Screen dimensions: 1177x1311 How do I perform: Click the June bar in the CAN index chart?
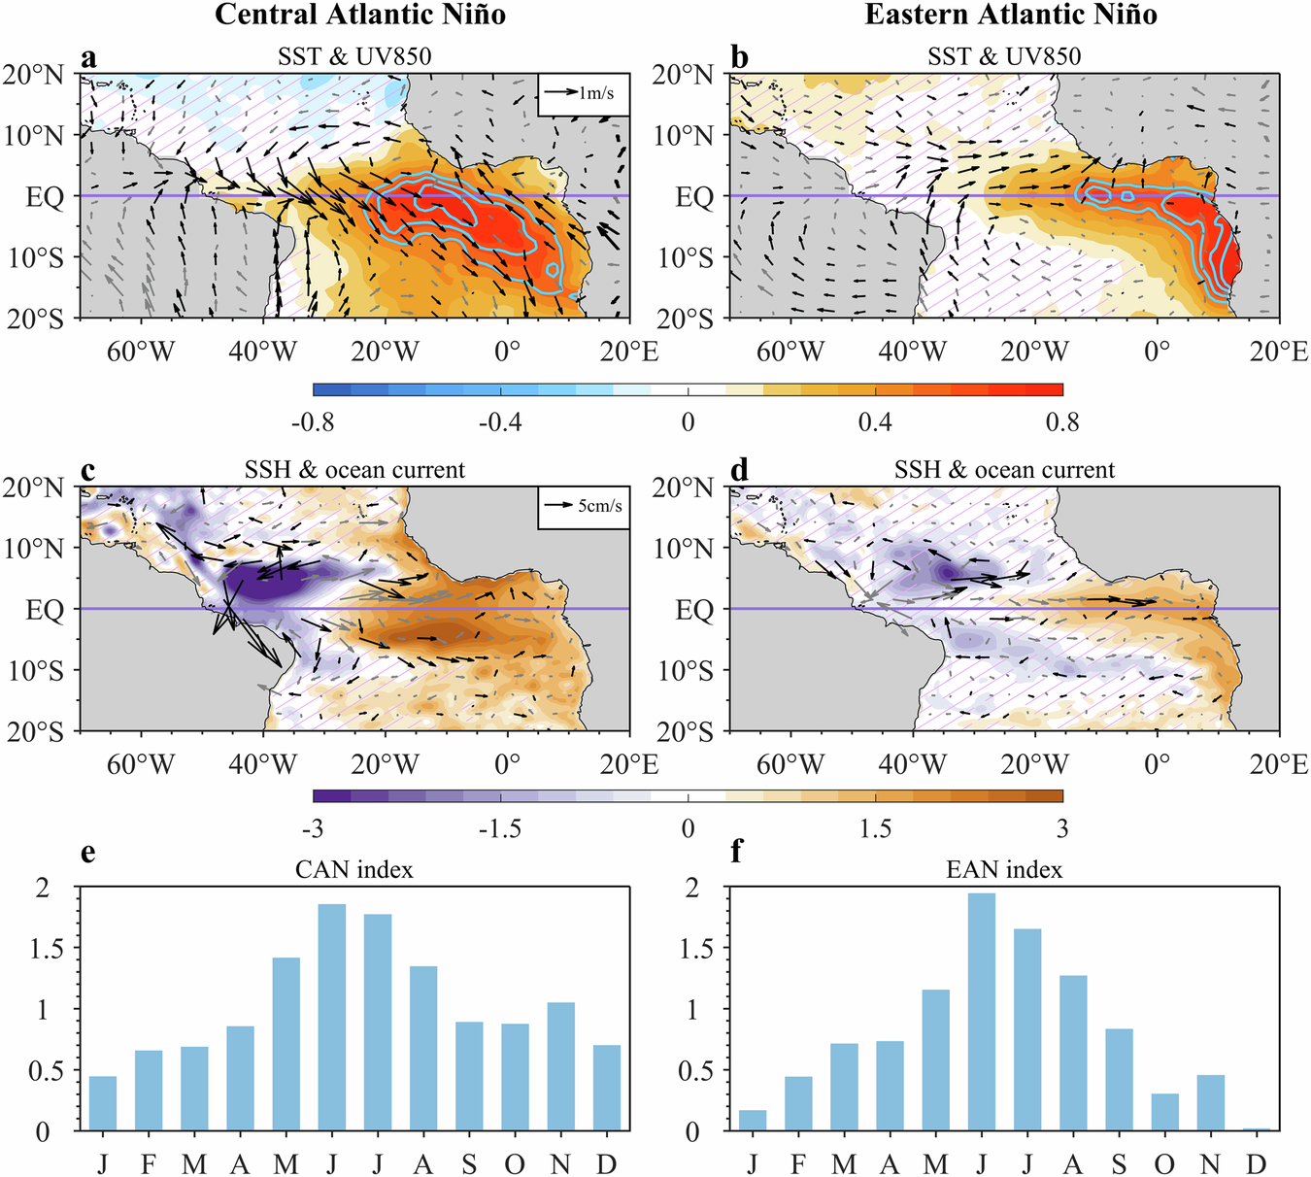point(332,1018)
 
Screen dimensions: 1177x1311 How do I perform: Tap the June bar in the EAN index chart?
point(982,1012)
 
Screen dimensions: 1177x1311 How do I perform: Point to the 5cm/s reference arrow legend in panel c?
point(583,506)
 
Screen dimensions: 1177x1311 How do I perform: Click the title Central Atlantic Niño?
point(360,15)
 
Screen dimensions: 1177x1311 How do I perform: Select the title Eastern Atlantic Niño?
point(1011,15)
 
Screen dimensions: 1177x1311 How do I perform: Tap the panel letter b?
point(740,58)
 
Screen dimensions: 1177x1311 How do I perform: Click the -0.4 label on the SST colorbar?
point(501,421)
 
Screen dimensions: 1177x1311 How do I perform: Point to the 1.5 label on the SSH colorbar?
point(875,828)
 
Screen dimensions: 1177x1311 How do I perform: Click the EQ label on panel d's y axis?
point(694,610)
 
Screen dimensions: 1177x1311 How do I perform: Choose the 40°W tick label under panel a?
point(263,352)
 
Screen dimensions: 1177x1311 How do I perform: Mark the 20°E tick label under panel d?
point(1279,765)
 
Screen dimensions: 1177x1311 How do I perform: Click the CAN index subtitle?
point(354,869)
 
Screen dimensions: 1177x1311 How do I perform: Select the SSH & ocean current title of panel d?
point(1004,470)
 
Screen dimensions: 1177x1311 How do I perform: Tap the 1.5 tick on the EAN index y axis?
point(701,949)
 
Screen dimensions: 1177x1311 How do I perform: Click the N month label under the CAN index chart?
point(560,1163)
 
